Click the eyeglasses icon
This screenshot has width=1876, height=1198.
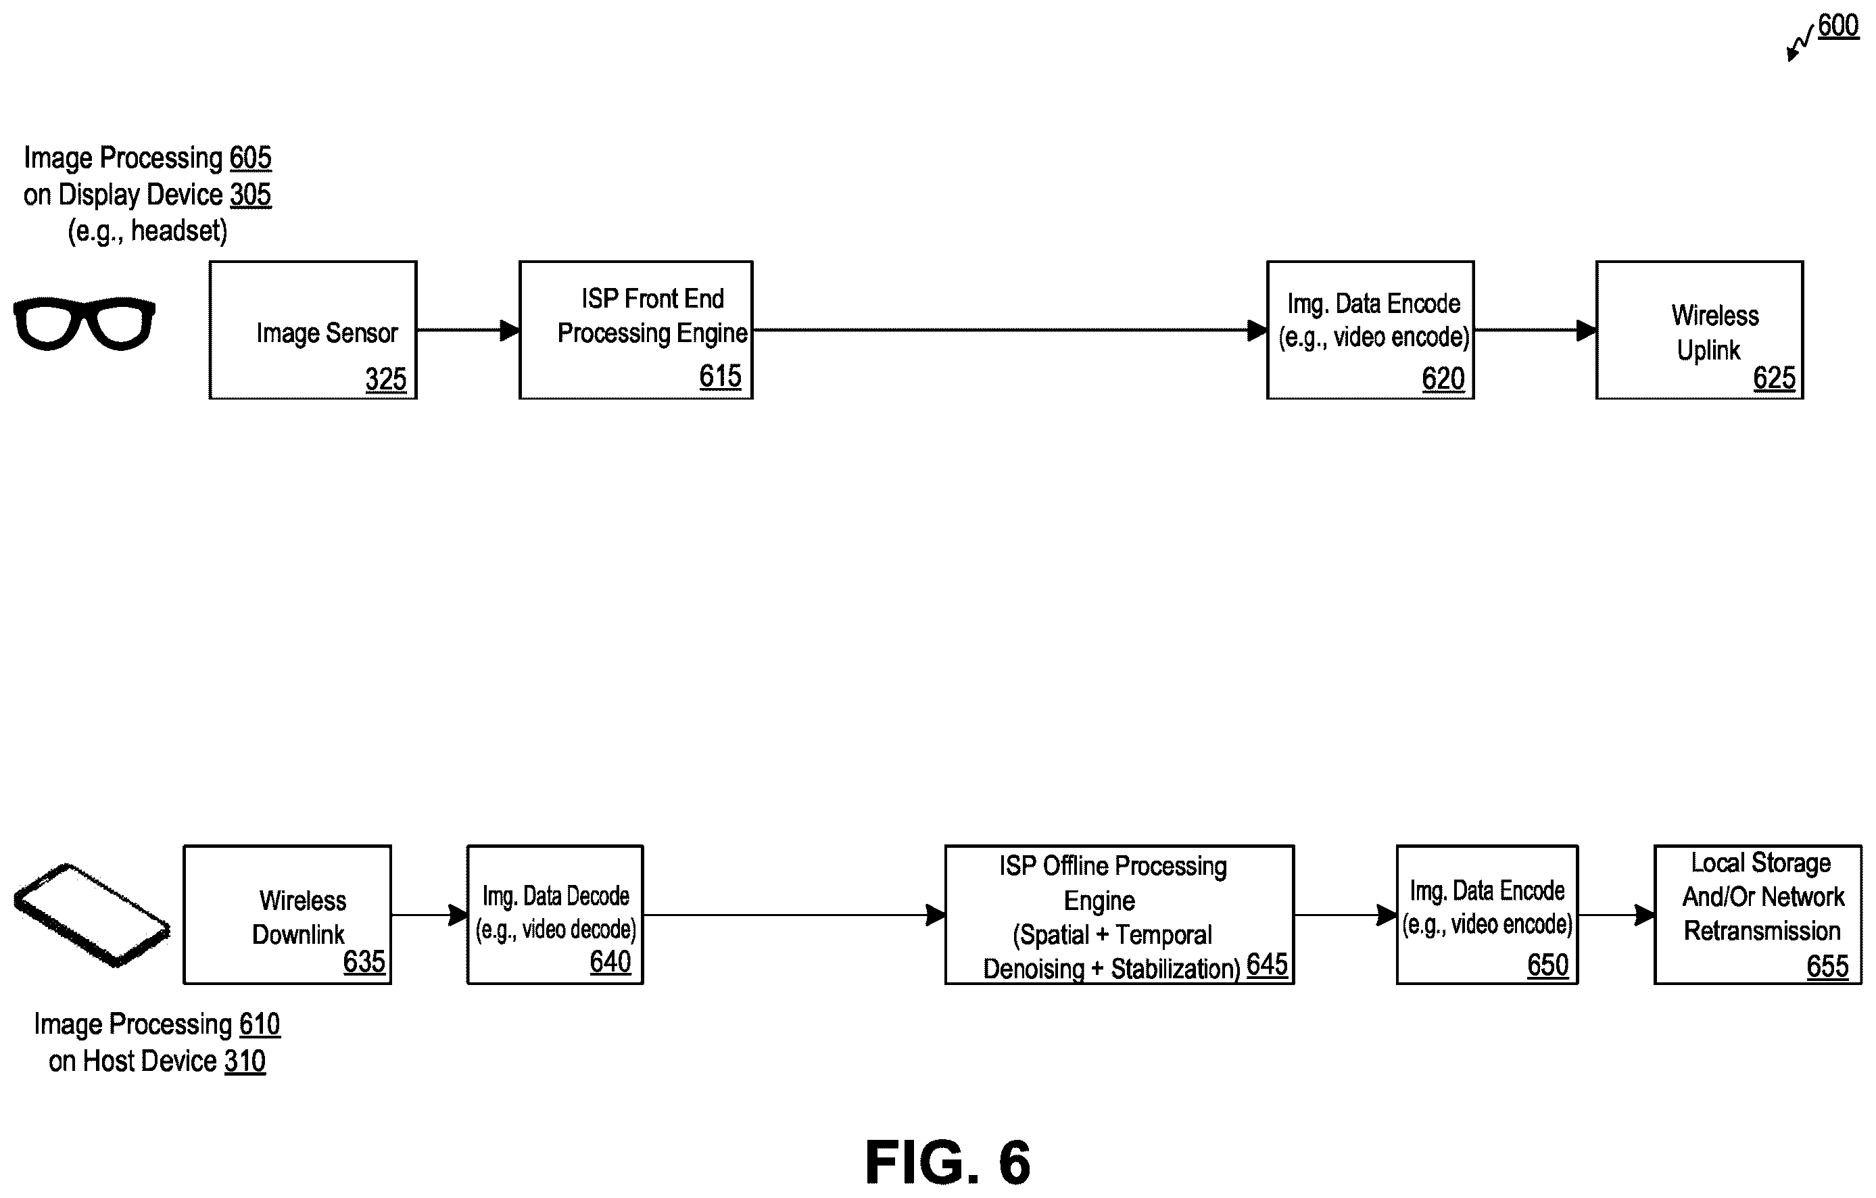(x=84, y=323)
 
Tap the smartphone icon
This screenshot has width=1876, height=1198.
(x=92, y=915)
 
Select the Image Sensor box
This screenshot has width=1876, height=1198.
(x=313, y=331)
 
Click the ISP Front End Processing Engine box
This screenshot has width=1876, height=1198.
(x=635, y=331)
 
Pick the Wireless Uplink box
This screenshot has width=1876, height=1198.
(x=1699, y=331)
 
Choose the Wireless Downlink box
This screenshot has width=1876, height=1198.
(x=287, y=915)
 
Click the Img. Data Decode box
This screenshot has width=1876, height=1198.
(x=555, y=915)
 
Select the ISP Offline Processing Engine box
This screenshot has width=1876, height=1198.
(x=1120, y=915)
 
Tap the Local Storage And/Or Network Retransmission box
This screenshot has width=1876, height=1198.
(x=1758, y=915)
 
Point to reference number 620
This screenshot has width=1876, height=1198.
(x=1443, y=379)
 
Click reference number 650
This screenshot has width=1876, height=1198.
(x=1547, y=964)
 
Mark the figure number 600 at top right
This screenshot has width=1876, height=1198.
(x=1838, y=26)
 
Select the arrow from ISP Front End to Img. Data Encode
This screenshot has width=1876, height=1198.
(x=1011, y=331)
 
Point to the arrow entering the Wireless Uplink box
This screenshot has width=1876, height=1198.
(x=1535, y=331)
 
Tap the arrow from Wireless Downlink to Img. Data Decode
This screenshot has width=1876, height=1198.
(x=429, y=915)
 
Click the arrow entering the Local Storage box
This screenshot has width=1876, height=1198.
(x=1616, y=915)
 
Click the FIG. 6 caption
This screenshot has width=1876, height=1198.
(x=947, y=1161)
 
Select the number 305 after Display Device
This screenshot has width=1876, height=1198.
(x=250, y=195)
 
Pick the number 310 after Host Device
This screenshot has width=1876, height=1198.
(x=245, y=1061)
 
